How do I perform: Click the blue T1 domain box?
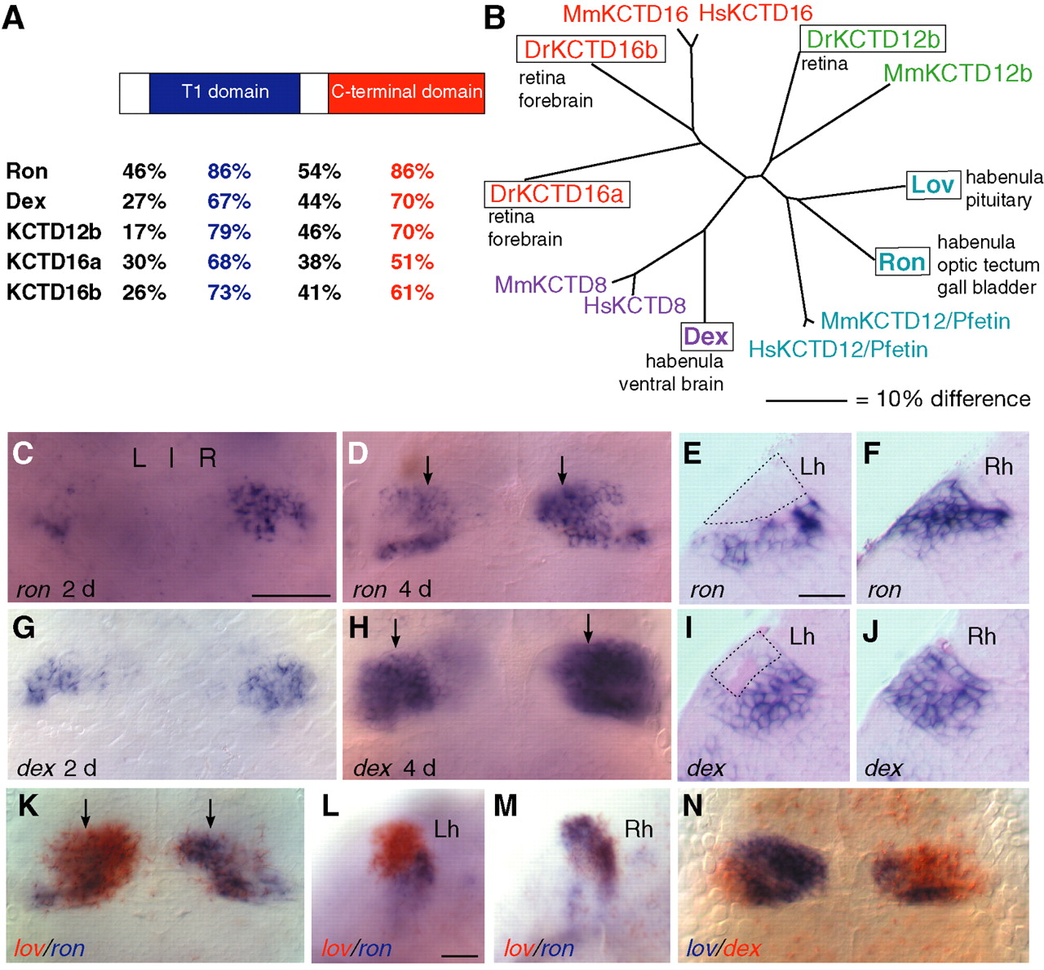point(224,93)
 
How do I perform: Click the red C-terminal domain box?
point(406,93)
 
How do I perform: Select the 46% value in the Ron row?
point(144,172)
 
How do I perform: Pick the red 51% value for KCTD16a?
point(412,262)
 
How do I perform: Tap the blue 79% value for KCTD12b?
point(228,232)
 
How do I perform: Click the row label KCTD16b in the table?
point(54,293)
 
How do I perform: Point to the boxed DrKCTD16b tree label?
point(591,50)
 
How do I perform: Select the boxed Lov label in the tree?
point(932,185)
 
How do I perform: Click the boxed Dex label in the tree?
point(706,337)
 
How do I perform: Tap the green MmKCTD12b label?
point(958,73)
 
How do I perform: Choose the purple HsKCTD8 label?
point(635,306)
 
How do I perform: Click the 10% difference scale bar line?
point(806,401)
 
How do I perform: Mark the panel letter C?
point(23,453)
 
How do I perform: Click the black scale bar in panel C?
point(290,595)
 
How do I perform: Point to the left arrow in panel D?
point(428,470)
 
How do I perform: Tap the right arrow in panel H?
point(588,628)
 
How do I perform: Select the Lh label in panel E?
point(812,466)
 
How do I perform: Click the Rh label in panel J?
point(981,637)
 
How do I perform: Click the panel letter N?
point(692,805)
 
